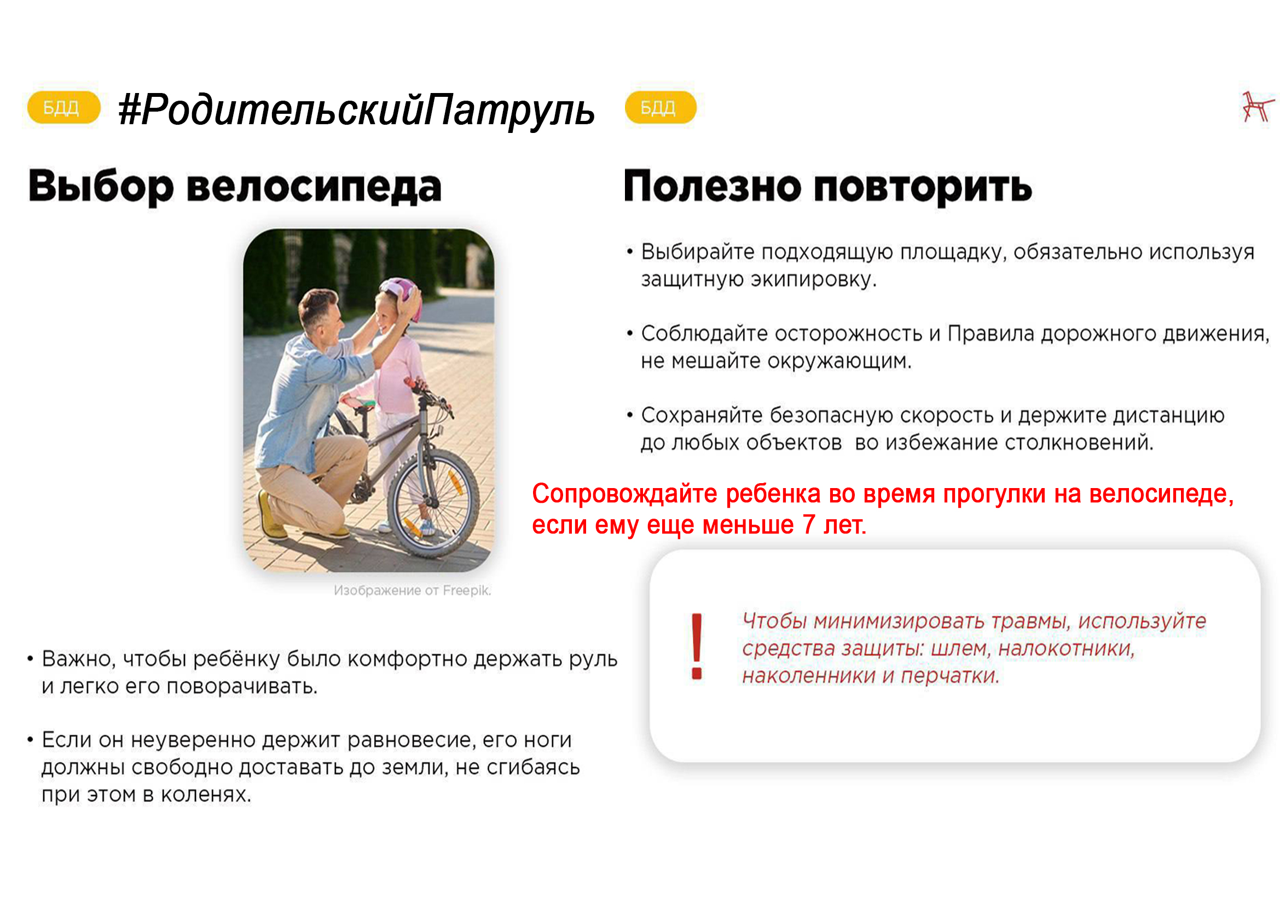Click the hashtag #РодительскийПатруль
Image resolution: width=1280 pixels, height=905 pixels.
[357, 109]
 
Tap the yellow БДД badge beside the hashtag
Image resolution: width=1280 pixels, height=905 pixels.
[63, 107]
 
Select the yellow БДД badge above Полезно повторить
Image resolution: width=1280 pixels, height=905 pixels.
[661, 107]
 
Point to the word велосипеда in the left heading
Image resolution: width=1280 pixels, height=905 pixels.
[314, 187]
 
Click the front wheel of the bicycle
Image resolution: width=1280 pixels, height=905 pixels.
[434, 504]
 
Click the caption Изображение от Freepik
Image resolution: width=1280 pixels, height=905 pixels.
[413, 591]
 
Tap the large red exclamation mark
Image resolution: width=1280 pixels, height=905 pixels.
[697, 646]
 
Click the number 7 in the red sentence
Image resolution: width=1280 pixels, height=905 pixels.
[809, 525]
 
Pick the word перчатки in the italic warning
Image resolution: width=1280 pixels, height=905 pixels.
[950, 676]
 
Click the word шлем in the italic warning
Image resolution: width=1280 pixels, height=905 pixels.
[962, 649]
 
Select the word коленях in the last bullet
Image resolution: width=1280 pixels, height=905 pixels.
[206, 794]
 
